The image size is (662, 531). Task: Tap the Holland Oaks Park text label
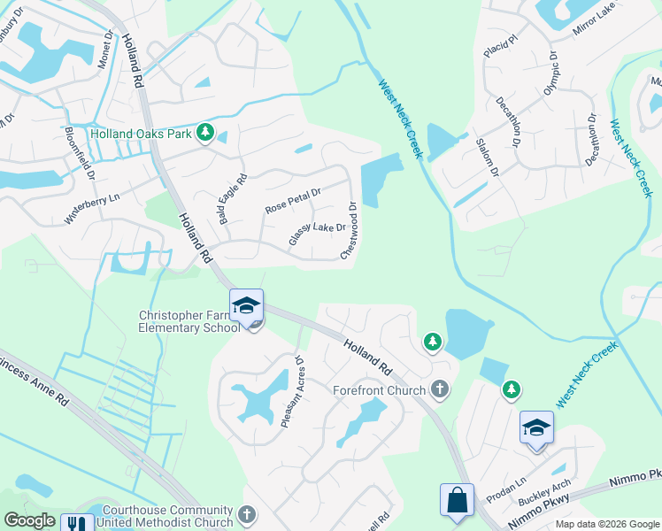click(x=142, y=135)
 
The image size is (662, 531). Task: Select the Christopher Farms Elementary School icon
click(x=246, y=305)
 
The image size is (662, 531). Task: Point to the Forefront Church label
click(x=380, y=389)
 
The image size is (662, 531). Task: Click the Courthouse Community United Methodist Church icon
click(x=247, y=514)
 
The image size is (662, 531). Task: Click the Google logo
click(x=29, y=520)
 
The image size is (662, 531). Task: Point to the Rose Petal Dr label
click(x=293, y=200)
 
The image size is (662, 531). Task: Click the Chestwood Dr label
click(x=350, y=232)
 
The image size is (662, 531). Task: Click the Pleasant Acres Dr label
click(x=292, y=392)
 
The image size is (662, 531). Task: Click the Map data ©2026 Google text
click(x=607, y=524)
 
